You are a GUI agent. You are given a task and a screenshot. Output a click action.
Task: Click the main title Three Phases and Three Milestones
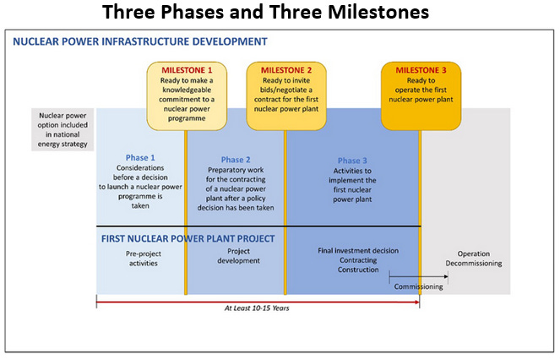279,14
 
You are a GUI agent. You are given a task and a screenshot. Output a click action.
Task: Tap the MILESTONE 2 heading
286,69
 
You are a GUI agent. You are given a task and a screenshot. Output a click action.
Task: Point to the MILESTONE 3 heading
421,69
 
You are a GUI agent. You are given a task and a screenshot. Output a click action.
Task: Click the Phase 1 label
140,157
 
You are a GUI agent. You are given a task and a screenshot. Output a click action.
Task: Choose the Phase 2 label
236,160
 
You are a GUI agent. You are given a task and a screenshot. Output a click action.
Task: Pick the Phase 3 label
352,161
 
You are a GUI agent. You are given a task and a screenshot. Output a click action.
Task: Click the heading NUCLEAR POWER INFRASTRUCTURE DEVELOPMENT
141,41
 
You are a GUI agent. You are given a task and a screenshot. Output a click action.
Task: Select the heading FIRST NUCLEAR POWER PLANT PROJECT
188,238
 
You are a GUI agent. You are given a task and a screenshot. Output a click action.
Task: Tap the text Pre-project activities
140,258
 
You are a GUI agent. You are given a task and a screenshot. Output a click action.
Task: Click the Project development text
236,256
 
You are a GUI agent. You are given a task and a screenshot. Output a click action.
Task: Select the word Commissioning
419,286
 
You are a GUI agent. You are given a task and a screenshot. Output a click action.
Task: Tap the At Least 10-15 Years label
257,308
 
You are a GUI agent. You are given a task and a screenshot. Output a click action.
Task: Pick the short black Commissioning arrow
405,275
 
